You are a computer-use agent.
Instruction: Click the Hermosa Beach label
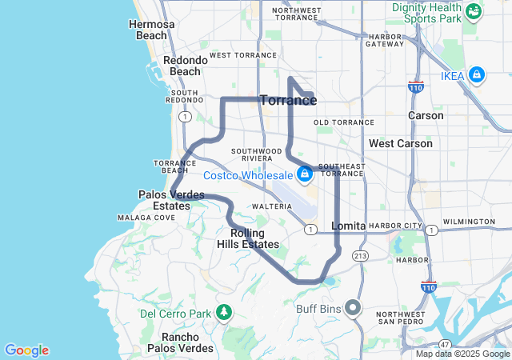pyautogui.click(x=151, y=30)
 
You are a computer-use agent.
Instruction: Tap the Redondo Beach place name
pyautogui.click(x=182, y=66)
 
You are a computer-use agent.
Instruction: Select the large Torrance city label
pyautogui.click(x=288, y=101)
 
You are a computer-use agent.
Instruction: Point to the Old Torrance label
pyautogui.click(x=344, y=122)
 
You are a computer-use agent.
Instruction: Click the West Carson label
pyautogui.click(x=400, y=143)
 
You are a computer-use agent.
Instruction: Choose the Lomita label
pyautogui.click(x=348, y=226)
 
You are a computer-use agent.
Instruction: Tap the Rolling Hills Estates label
pyautogui.click(x=248, y=238)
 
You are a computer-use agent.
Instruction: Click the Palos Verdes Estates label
pyautogui.click(x=171, y=200)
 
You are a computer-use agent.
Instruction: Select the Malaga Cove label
pyautogui.click(x=146, y=218)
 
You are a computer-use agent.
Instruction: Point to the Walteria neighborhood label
pyautogui.click(x=272, y=206)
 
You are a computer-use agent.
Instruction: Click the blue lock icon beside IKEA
pyautogui.click(x=477, y=74)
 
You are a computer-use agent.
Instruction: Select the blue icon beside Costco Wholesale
pyautogui.click(x=305, y=174)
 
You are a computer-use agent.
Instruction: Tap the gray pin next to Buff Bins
pyautogui.click(x=352, y=308)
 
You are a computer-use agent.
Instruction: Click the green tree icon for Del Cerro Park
pyautogui.click(x=225, y=312)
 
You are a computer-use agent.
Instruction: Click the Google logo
pyautogui.click(x=26, y=350)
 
